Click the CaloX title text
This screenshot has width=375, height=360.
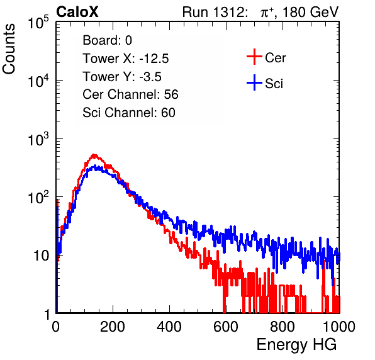[77, 12]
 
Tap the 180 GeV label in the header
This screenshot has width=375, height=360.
[310, 12]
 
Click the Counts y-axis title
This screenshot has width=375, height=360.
[9, 49]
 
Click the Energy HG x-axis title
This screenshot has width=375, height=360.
[296, 345]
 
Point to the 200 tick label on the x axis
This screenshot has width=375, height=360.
[113, 327]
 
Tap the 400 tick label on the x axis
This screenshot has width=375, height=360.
[169, 327]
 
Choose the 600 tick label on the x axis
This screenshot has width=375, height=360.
[226, 327]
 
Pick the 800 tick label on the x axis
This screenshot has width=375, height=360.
[283, 327]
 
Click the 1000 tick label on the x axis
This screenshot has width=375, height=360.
[339, 327]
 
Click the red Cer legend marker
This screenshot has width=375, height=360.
[254, 57]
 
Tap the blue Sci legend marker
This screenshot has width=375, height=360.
[254, 83]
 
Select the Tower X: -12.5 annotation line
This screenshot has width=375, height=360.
[126, 59]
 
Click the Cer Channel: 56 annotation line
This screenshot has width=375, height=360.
[130, 94]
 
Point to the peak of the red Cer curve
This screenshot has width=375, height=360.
[94, 155]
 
